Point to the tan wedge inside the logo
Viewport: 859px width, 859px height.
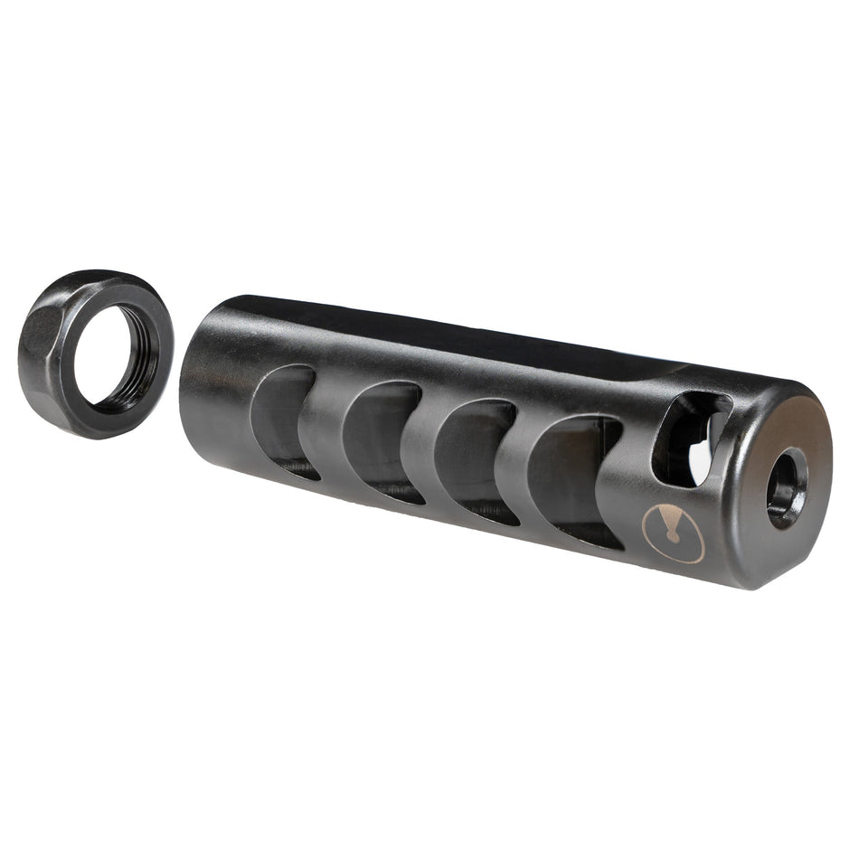(x=667, y=522)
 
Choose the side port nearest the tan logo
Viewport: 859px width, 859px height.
(x=570, y=478)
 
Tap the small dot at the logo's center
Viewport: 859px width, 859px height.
(x=674, y=537)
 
